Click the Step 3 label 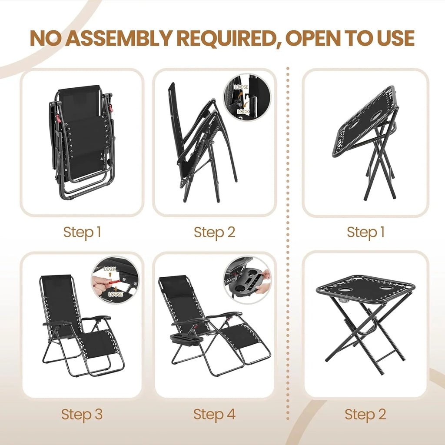(82, 414)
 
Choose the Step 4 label (214, 414)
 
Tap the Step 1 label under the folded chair (82, 232)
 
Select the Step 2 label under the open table (365, 414)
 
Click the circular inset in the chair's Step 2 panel (247, 96)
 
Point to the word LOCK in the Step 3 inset (110, 269)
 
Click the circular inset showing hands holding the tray (247, 278)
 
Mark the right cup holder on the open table (386, 288)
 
